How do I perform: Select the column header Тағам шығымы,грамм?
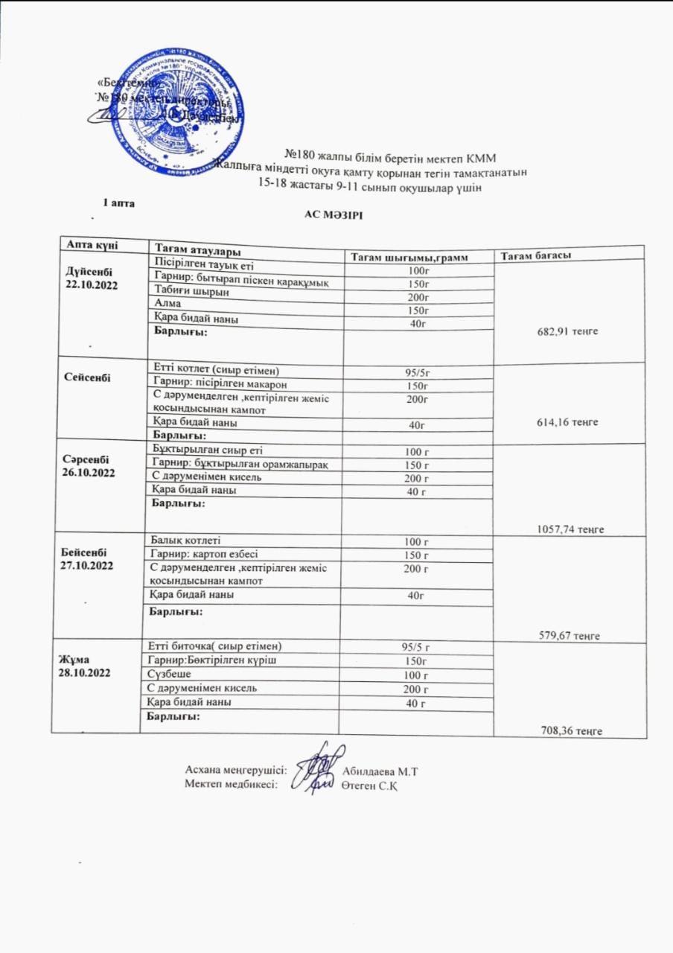coord(419,257)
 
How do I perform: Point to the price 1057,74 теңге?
coord(570,529)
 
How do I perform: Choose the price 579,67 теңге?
coord(569,635)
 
